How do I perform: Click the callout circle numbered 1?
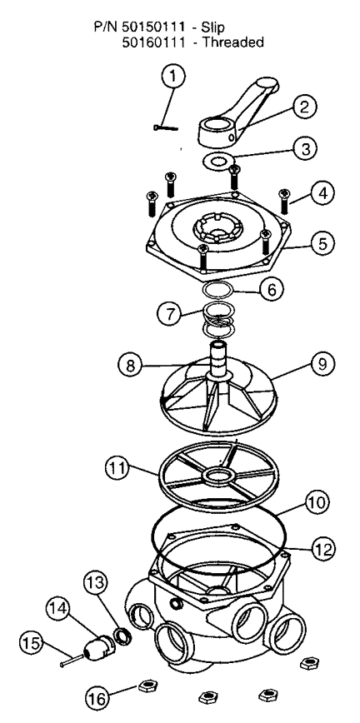pyautogui.click(x=172, y=76)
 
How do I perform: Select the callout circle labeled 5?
pyautogui.click(x=322, y=243)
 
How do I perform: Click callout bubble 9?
pyautogui.click(x=322, y=364)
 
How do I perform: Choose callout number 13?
pyautogui.click(x=95, y=583)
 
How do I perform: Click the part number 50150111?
pyautogui.click(x=153, y=27)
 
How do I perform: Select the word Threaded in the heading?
pyautogui.click(x=233, y=42)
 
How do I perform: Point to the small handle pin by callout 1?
pyautogui.click(x=166, y=127)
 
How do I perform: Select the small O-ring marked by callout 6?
pyautogui.click(x=218, y=292)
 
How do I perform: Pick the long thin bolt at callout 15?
pyautogui.click(x=72, y=660)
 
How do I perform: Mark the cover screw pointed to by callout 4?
pyautogui.click(x=285, y=202)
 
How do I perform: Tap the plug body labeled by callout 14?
pyautogui.click(x=99, y=646)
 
